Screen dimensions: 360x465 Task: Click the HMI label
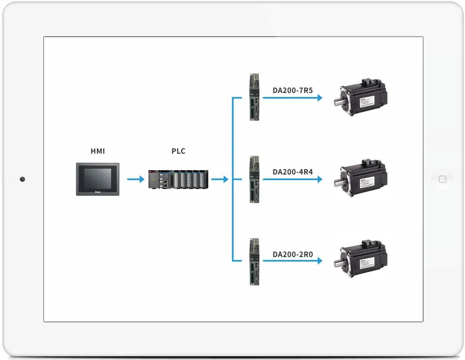pyautogui.click(x=98, y=151)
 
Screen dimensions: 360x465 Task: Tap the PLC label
pyautogui.click(x=178, y=151)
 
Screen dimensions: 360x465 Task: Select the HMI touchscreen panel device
pyautogui.click(x=98, y=179)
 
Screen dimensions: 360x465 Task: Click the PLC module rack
pyautogui.click(x=179, y=179)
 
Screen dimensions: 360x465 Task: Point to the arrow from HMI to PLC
pyautogui.click(x=136, y=179)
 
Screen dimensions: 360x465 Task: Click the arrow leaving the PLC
pyautogui.click(x=220, y=179)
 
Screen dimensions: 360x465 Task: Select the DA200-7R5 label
pyautogui.click(x=293, y=90)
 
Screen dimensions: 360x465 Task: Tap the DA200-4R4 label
pyautogui.click(x=293, y=172)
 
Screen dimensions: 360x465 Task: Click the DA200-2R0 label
pyautogui.click(x=293, y=254)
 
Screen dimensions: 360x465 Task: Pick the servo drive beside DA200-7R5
pyautogui.click(x=254, y=97)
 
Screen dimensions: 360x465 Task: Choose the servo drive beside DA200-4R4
pyautogui.click(x=254, y=179)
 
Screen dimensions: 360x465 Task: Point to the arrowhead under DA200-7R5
pyautogui.click(x=319, y=98)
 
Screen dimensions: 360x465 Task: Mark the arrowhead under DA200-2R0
pyautogui.click(x=319, y=261)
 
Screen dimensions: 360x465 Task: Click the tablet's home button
pyautogui.click(x=442, y=180)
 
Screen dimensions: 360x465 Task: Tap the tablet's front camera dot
pyautogui.click(x=22, y=179)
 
